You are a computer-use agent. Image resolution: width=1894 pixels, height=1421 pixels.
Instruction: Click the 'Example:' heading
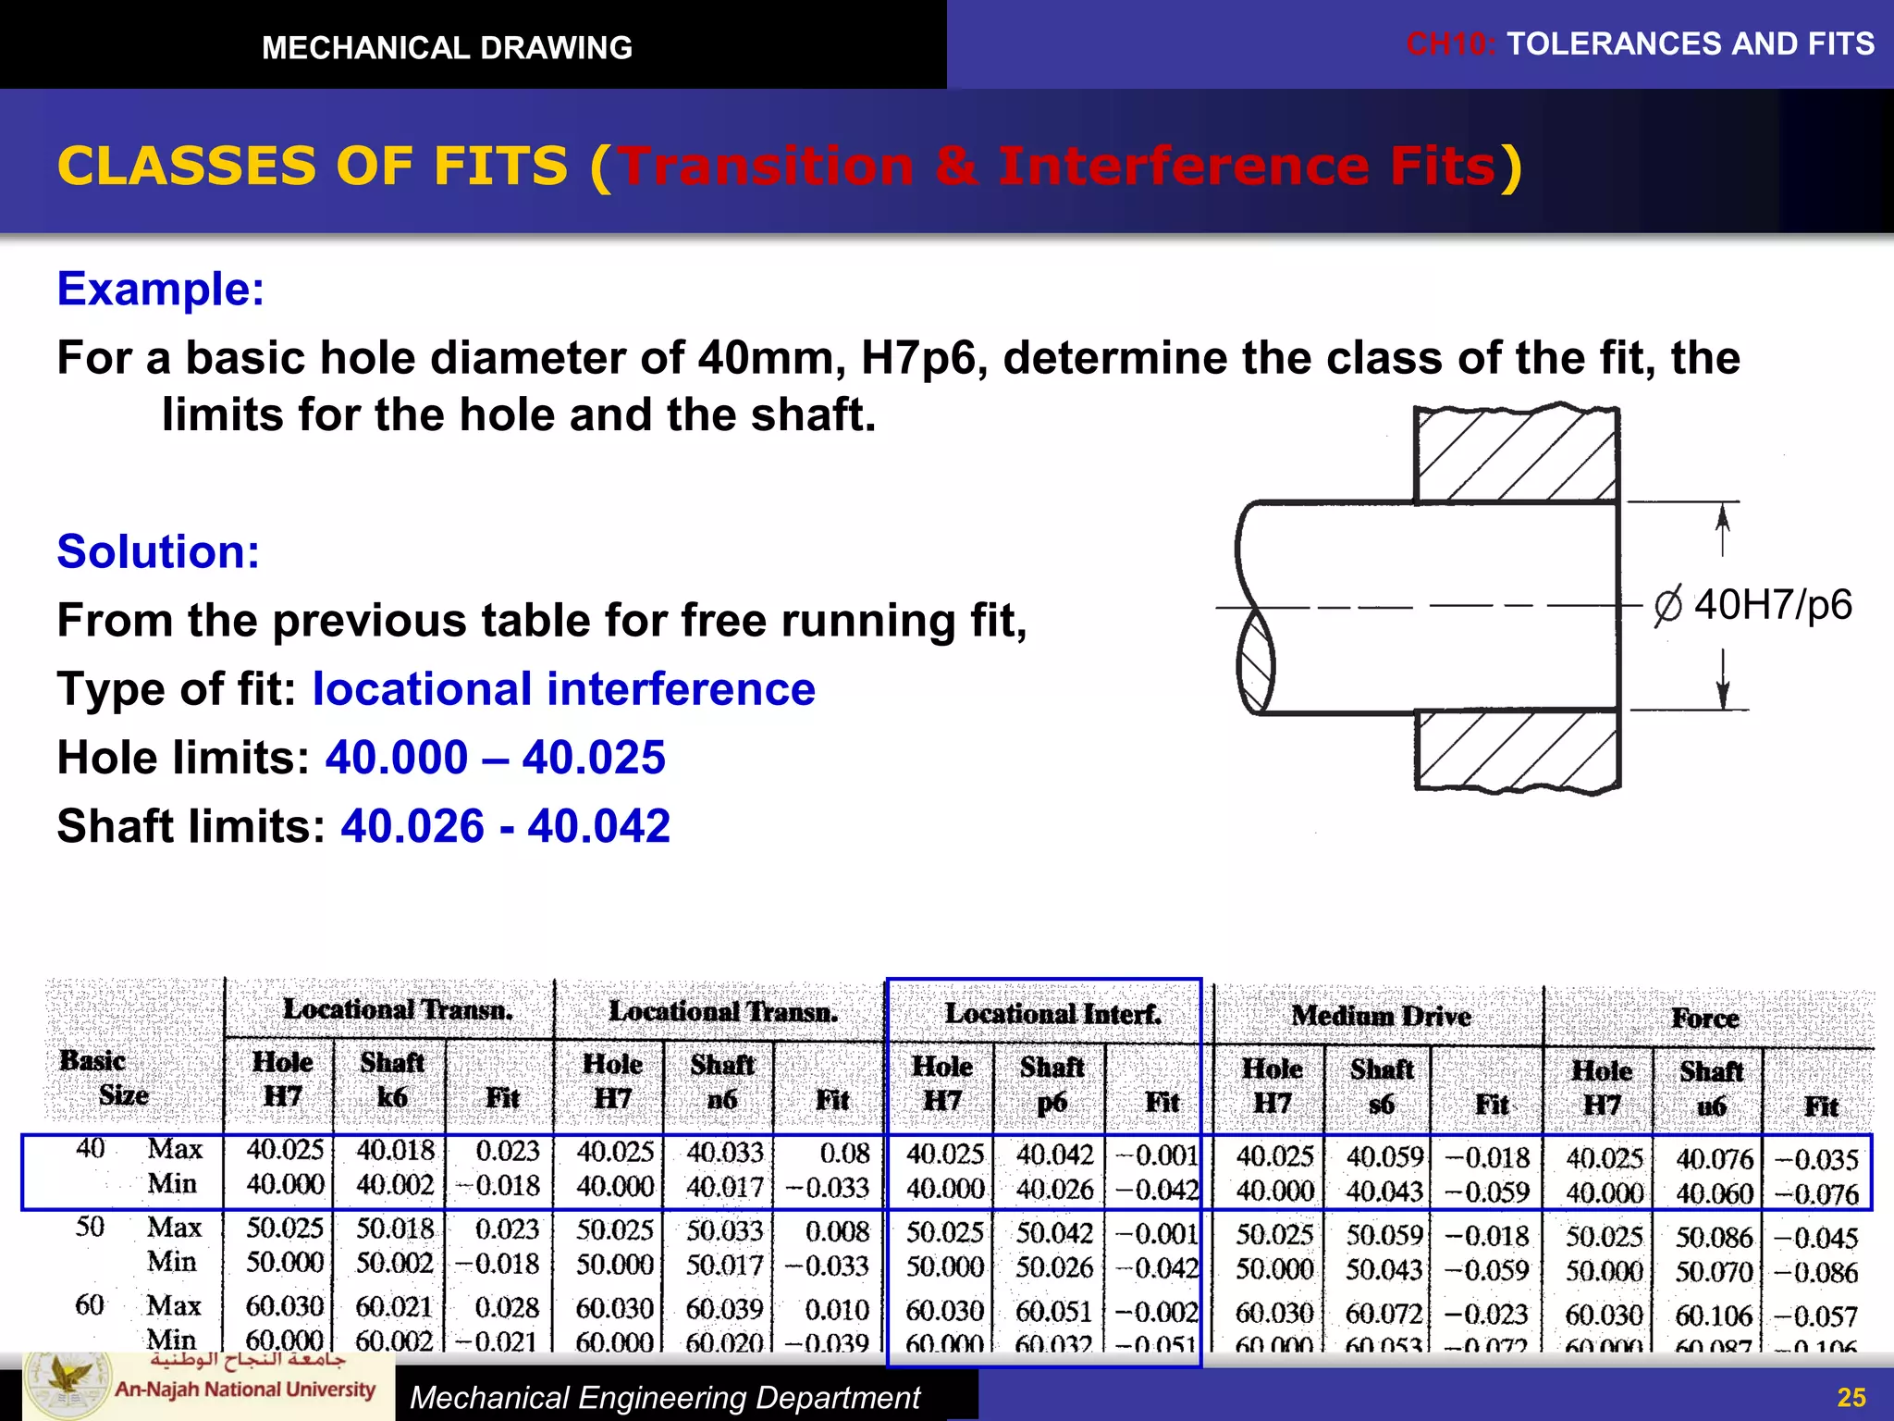tap(161, 290)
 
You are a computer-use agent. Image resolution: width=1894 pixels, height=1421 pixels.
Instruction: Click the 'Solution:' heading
tap(158, 552)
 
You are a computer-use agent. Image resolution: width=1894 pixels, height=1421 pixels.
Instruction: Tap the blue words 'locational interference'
tap(563, 689)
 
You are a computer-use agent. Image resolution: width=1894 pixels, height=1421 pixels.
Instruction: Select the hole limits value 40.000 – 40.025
tap(495, 758)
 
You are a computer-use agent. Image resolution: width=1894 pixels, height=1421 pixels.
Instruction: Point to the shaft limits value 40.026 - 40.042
tap(505, 826)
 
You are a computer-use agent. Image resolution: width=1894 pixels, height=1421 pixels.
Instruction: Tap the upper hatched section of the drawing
tap(1517, 455)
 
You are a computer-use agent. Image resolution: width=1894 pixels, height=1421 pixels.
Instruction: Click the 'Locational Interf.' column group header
tap(1052, 1014)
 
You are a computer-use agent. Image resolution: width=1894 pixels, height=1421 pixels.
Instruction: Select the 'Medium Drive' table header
tap(1381, 1016)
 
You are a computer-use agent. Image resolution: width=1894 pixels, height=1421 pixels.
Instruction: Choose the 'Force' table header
tap(1705, 1019)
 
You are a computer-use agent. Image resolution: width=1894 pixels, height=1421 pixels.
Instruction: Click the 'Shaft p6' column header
tap(1052, 1083)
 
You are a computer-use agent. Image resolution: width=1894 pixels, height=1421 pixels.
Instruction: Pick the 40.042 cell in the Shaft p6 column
tap(1054, 1155)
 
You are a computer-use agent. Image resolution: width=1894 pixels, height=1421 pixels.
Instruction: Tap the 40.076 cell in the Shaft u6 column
tap(1714, 1158)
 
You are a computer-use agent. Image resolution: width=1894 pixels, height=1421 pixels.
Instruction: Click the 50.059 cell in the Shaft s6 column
tap(1384, 1235)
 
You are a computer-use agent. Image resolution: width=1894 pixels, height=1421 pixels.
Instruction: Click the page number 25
tap(1851, 1397)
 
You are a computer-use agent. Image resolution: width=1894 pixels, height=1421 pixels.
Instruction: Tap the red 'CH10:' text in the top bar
tap(1450, 43)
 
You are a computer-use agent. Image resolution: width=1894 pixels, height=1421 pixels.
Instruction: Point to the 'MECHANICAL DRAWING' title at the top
tap(447, 47)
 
